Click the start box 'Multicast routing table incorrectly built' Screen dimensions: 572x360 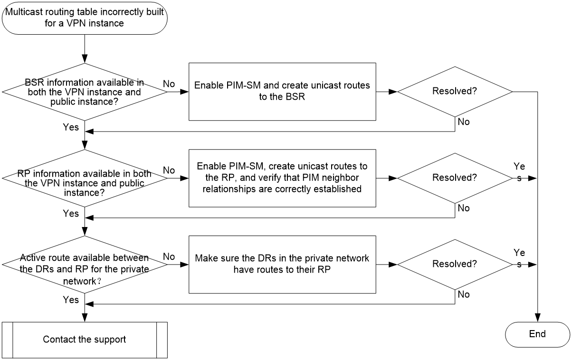(85, 18)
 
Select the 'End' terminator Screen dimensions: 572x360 (537, 334)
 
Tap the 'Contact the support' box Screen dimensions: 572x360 (85, 340)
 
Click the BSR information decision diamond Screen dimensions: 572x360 (85, 92)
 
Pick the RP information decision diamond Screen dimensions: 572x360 (85, 178)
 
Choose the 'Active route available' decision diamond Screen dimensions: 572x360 (85, 265)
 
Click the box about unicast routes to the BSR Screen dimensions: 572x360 (282, 92)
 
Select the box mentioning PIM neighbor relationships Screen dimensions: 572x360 (282, 178)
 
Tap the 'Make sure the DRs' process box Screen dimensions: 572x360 (282, 265)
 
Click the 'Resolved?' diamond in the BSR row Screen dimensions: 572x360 (455, 92)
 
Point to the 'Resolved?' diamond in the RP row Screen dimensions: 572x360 (455, 178)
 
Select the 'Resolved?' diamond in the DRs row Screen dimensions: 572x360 (455, 265)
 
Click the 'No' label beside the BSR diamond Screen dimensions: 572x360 (169, 84)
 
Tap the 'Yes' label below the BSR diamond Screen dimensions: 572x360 (71, 127)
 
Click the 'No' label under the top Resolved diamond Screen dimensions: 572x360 (464, 122)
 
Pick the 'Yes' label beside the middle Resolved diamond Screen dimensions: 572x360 (519, 172)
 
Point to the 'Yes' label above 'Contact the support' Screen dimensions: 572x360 (71, 300)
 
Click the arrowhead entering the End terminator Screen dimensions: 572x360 (537, 318)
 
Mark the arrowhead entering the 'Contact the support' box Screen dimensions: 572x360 (85, 318)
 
